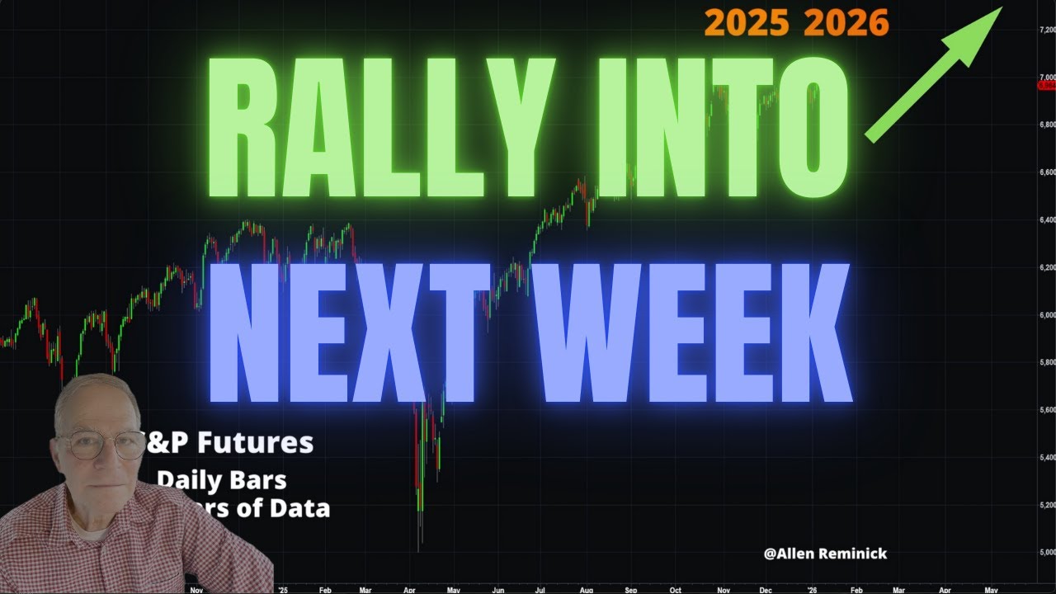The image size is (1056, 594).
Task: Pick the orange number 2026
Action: click(846, 23)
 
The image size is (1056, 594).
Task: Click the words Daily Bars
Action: click(221, 479)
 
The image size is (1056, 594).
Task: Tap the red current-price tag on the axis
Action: click(1046, 84)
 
